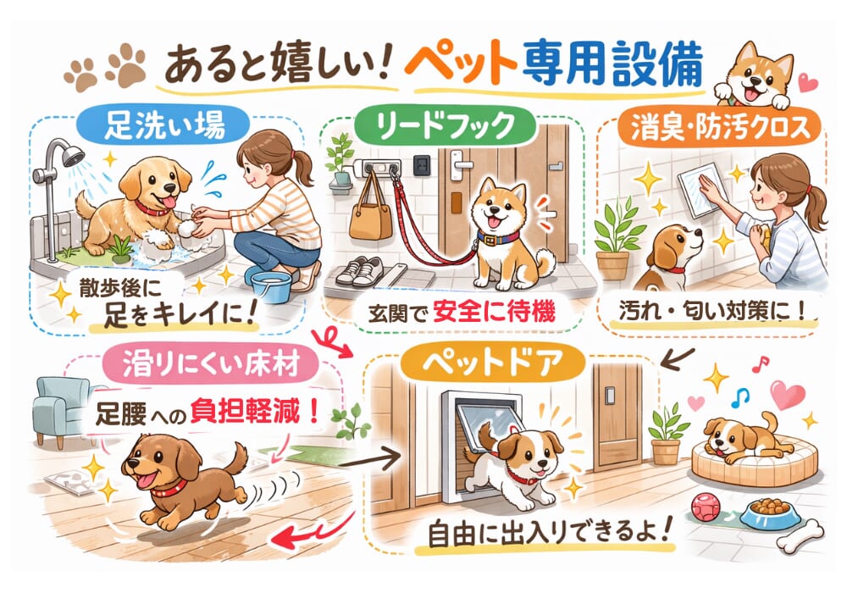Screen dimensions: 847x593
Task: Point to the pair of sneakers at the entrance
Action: pos(360,270)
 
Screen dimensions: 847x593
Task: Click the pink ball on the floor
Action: pos(705,507)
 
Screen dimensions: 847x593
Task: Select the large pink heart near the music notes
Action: pos(788,395)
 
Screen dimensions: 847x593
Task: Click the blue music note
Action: pos(740,398)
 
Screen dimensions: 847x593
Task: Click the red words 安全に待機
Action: pos(494,312)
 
